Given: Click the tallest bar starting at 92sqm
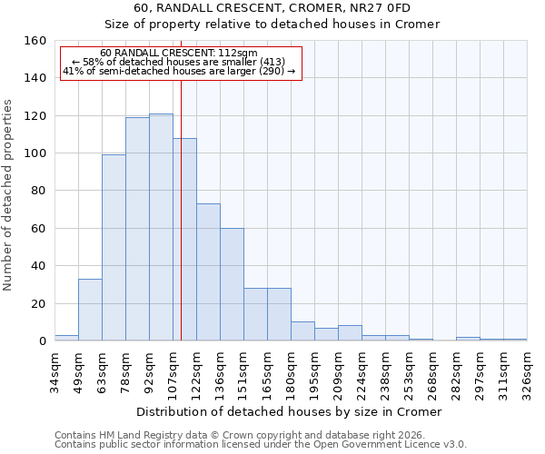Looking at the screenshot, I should pos(161,227).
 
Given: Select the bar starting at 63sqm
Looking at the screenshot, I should pos(114,248).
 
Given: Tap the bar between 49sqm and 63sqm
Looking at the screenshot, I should pos(90,310).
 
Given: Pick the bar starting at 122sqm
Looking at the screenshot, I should pos(208,272).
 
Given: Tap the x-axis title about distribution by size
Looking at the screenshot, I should pos(290,411).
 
